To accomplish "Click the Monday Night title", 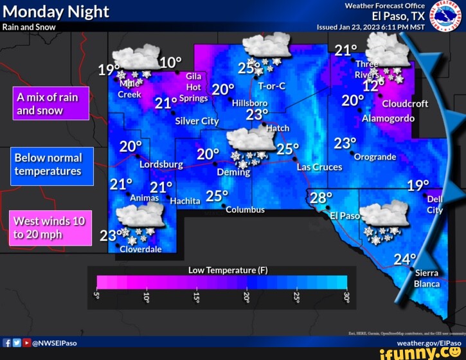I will point(56,12).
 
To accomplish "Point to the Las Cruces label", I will point(319,167).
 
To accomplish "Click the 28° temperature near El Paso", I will point(321,197).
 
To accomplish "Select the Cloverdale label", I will point(141,249).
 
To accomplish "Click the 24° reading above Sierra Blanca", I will point(405,259).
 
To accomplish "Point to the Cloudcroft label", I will point(405,104).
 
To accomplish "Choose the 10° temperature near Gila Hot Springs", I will point(170,62).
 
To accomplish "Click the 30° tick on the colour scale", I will point(347,298).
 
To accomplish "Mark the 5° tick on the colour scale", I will point(97,298).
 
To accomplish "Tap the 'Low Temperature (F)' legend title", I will point(228,270).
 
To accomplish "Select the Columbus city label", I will point(245,210).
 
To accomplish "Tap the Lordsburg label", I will point(161,165).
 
